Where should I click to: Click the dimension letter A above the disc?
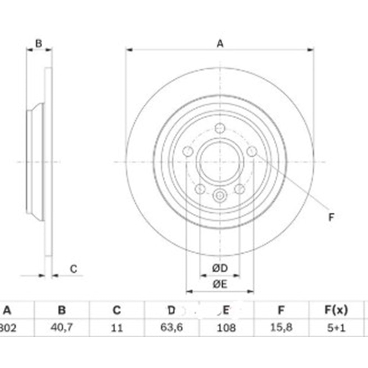(x=220, y=44)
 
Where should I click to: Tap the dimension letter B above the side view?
(x=38, y=43)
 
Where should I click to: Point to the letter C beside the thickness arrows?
(x=74, y=269)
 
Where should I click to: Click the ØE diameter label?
(x=220, y=284)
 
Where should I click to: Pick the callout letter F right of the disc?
(x=331, y=217)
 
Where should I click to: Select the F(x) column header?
(x=336, y=311)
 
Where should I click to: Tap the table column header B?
(x=62, y=311)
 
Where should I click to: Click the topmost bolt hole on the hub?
(x=220, y=128)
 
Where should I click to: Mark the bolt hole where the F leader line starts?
(x=252, y=151)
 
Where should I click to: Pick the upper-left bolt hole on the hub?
(x=188, y=151)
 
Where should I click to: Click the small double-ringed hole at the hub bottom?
(x=220, y=195)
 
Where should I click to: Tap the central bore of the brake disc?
(x=220, y=162)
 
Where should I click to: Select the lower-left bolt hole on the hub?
(x=200, y=189)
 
